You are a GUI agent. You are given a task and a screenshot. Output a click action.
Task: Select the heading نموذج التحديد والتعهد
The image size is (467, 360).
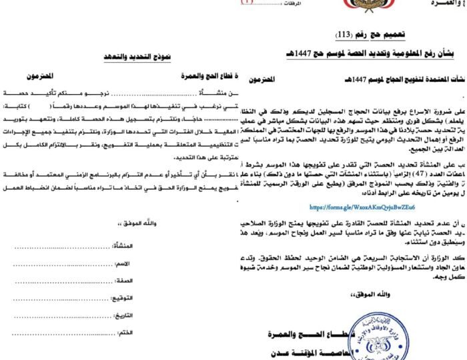(142, 58)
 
